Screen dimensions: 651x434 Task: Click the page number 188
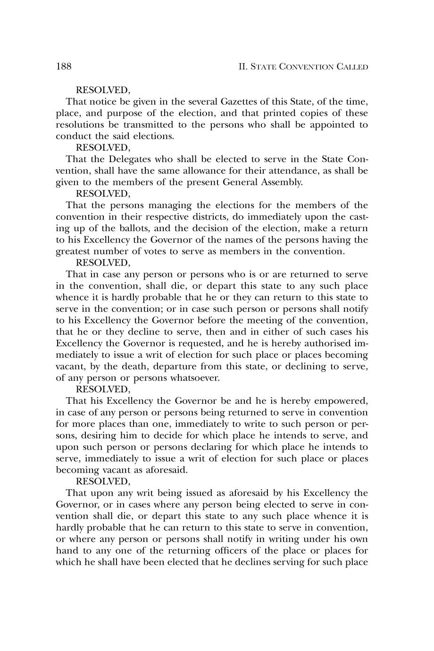64,67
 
